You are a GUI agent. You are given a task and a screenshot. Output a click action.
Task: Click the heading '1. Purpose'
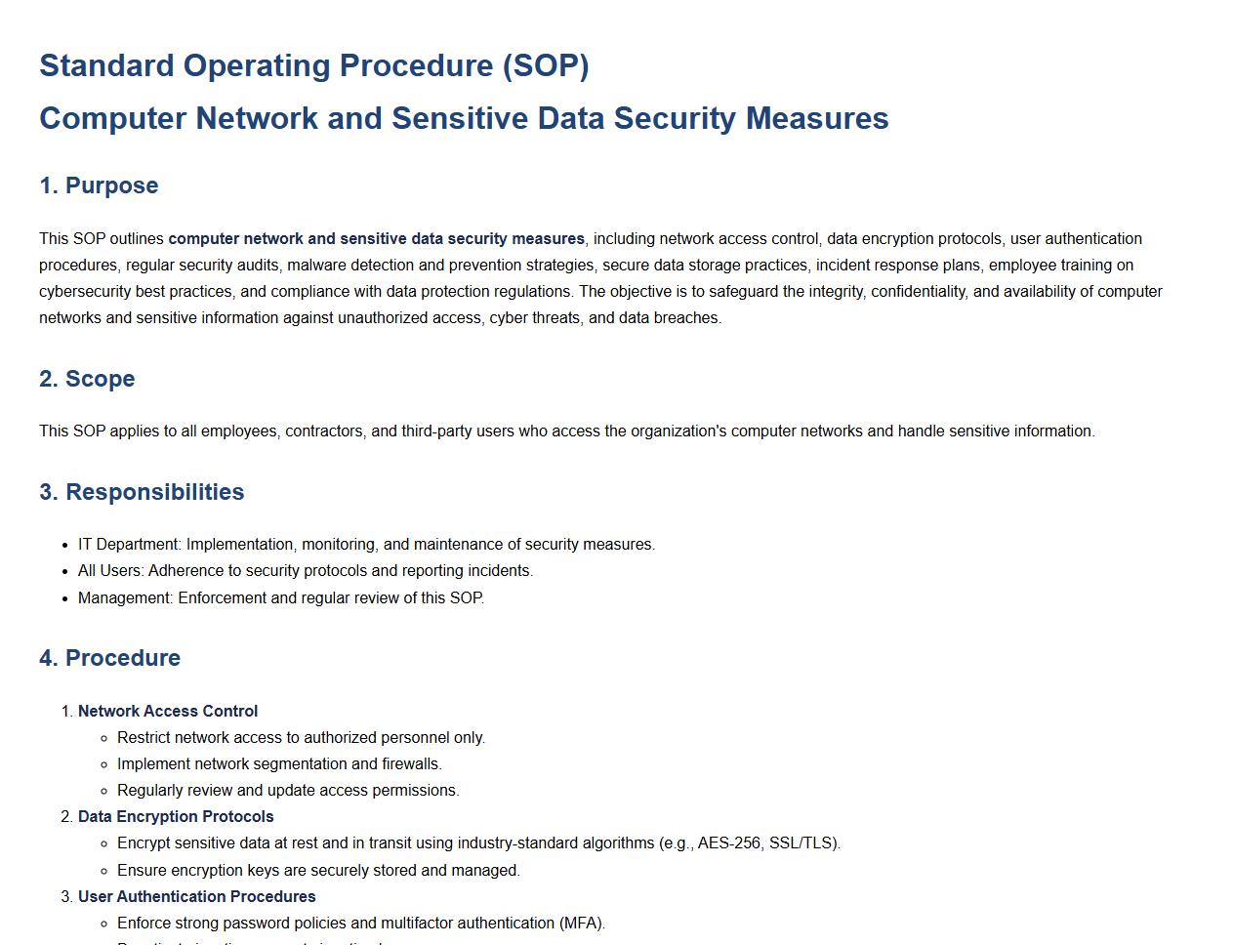tap(99, 185)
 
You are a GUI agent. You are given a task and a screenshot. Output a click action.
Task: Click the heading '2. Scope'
tap(87, 379)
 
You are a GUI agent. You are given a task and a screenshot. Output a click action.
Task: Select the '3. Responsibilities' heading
tap(142, 492)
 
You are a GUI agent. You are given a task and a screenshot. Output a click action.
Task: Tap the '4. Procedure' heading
tap(109, 658)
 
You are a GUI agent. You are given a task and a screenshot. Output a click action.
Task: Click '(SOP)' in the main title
tap(546, 65)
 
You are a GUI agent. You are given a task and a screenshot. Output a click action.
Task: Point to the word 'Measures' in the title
tap(817, 118)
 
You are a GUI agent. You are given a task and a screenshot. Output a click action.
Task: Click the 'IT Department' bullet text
tap(130, 545)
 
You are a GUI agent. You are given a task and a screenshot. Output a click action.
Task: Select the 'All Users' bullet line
tap(306, 571)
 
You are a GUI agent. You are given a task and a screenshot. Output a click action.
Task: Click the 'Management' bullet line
tap(281, 597)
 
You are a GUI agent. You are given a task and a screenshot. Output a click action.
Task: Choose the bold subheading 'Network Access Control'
tap(168, 712)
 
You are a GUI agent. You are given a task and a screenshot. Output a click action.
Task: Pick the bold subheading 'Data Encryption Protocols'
tap(176, 817)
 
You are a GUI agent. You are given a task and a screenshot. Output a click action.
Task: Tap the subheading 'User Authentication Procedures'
tap(197, 897)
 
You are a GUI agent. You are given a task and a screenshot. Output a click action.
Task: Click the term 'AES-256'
tap(729, 843)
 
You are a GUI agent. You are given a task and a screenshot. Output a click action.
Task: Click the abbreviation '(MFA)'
tap(582, 924)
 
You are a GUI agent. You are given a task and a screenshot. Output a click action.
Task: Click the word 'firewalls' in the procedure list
tap(411, 764)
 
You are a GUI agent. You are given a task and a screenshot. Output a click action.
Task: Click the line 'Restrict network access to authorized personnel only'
tap(301, 738)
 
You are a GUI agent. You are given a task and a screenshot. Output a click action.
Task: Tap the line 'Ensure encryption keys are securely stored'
tap(318, 871)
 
